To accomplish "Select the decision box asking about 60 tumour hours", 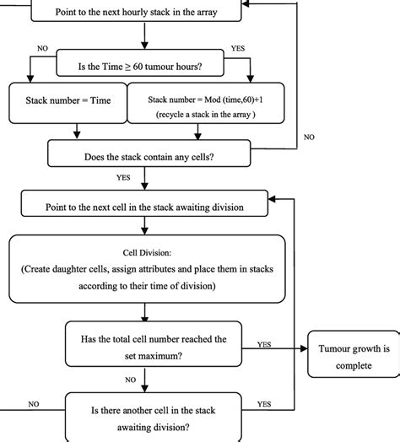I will click(x=145, y=62).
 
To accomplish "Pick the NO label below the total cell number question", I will click(x=132, y=379).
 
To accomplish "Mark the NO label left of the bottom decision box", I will click(x=34, y=403).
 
